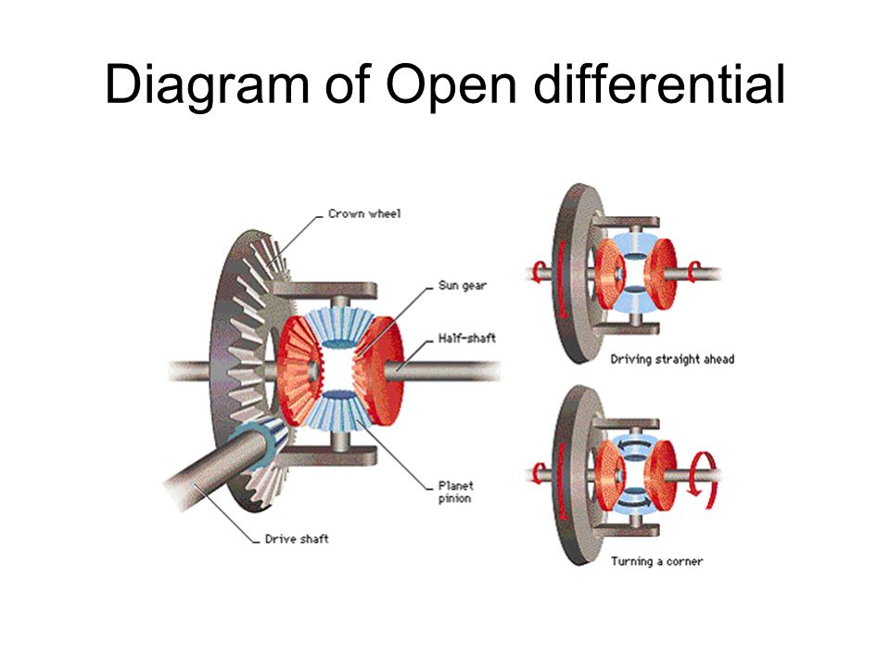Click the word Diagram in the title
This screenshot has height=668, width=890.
pos(207,86)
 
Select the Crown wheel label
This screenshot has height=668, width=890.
pos(364,213)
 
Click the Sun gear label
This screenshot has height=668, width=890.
pos(462,286)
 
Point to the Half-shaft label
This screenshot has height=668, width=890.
pos(466,338)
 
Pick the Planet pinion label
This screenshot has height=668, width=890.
pos(455,492)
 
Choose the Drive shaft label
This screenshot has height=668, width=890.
pos(297,538)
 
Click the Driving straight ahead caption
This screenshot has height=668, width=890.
pos(672,359)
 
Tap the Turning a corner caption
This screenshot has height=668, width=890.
pos(656,561)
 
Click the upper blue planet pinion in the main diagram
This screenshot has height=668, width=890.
pos(338,328)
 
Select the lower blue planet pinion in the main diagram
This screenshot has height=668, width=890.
pos(338,409)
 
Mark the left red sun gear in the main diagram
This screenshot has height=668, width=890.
pos(299,369)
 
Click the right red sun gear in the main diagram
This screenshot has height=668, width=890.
pos(380,369)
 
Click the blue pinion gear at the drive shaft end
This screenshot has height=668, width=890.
pos(260,437)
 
